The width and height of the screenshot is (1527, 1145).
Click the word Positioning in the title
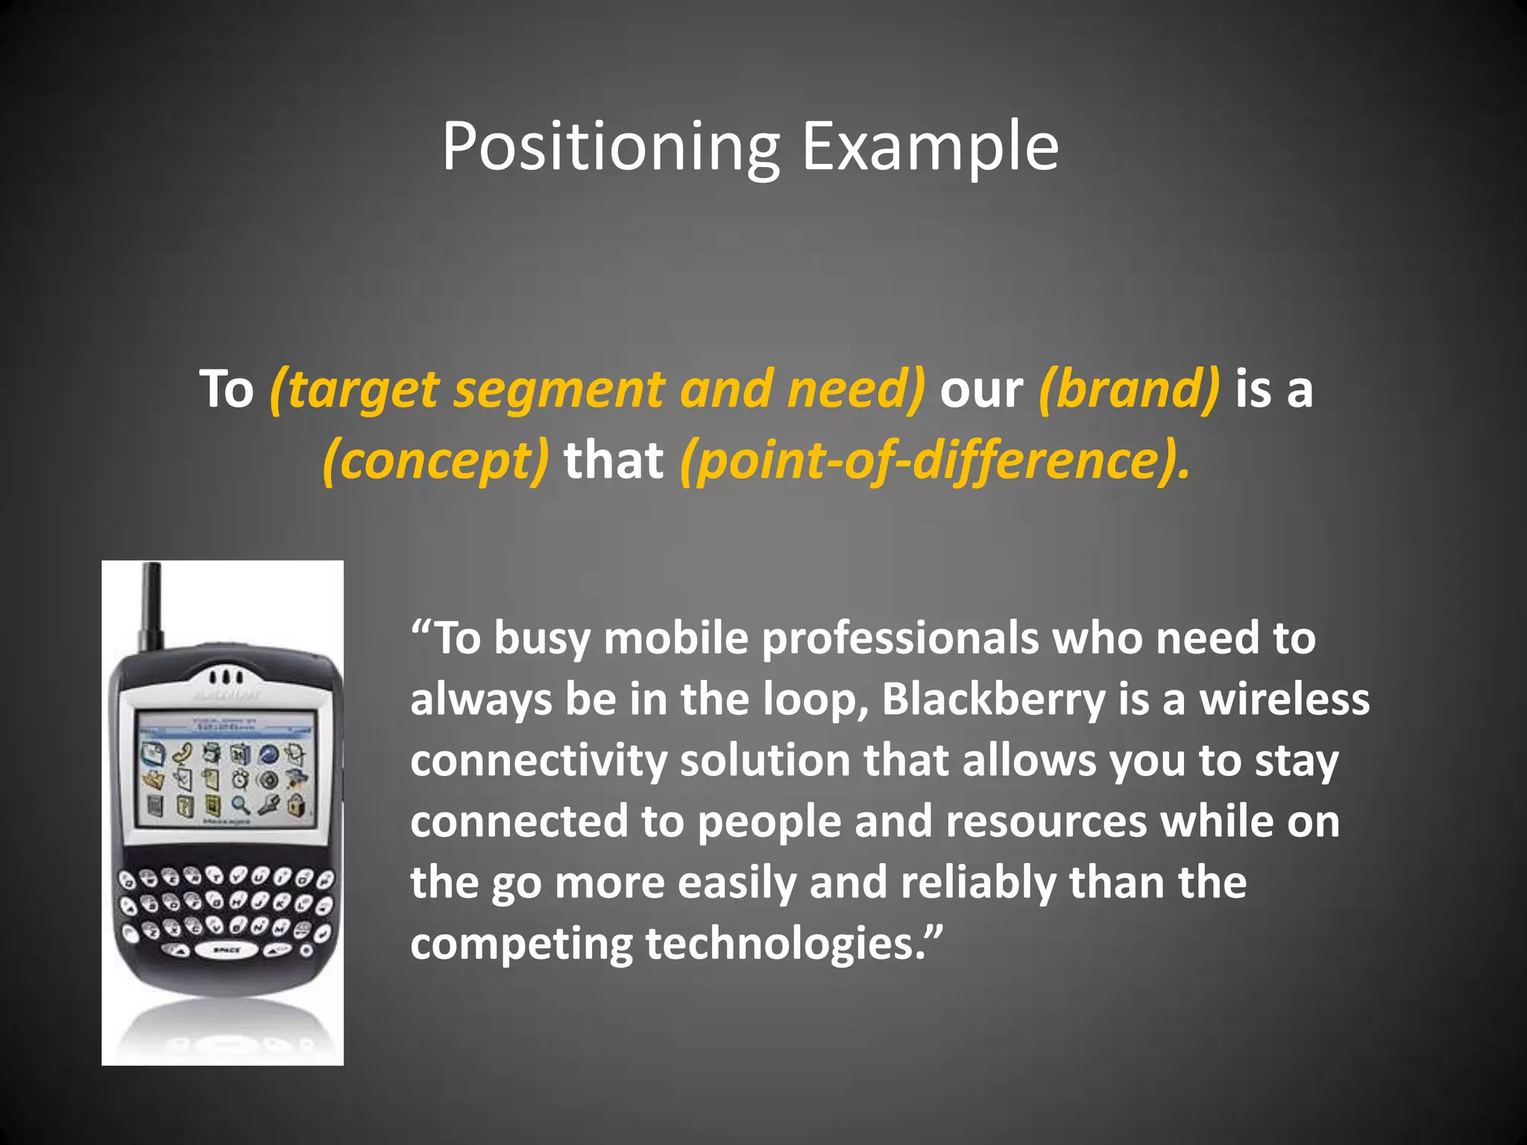coord(610,147)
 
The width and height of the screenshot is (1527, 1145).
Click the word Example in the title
coord(930,147)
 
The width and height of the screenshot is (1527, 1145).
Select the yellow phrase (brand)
coord(1129,388)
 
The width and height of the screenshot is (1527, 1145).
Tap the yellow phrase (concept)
coord(436,460)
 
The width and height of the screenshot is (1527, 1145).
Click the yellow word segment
coord(559,390)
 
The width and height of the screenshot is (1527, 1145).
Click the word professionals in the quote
coord(900,638)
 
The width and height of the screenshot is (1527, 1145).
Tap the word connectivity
coord(538,761)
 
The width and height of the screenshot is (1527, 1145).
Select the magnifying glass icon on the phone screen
coord(240,804)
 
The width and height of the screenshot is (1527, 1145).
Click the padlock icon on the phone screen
coord(297,804)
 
